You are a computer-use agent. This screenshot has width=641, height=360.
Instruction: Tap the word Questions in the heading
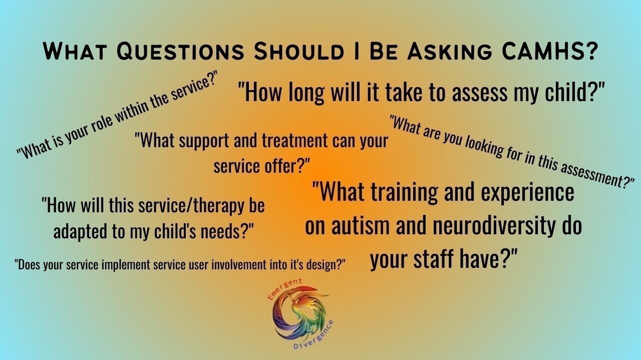tap(180, 52)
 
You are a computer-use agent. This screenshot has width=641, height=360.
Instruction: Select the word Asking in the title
tap(449, 52)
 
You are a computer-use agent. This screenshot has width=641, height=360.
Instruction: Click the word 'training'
tap(404, 193)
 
